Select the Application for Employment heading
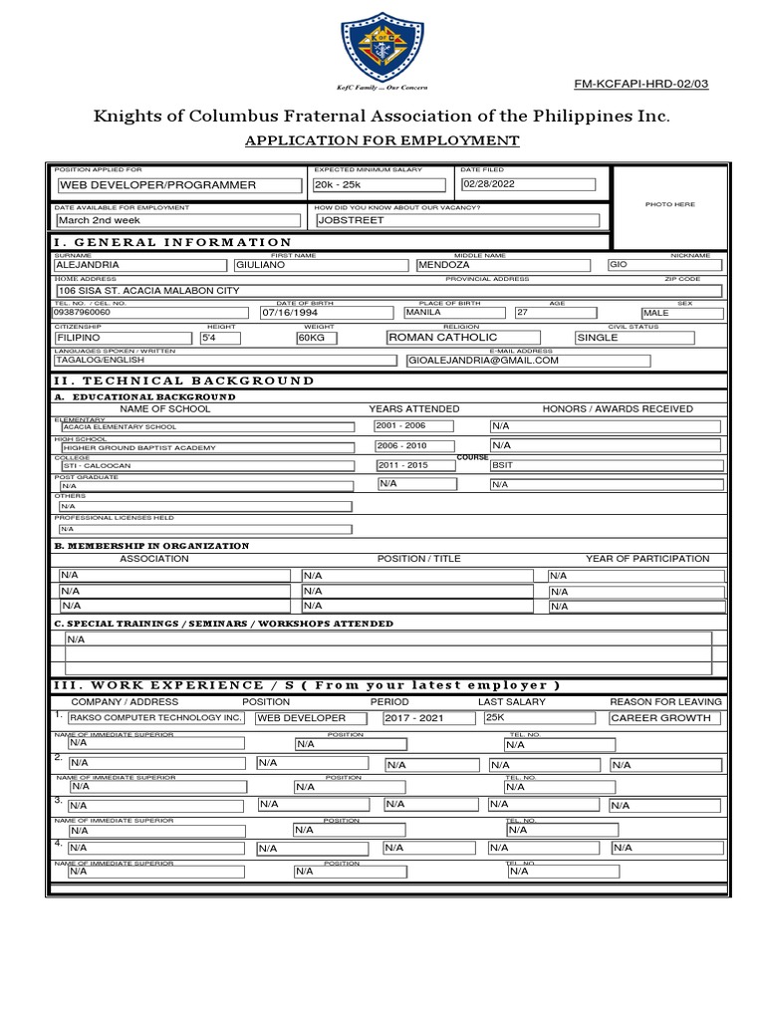382,140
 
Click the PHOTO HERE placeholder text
669,204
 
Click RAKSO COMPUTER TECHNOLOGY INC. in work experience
155,717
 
